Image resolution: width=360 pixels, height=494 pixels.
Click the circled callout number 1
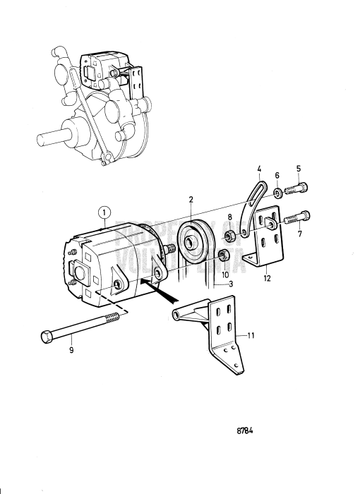pyautogui.click(x=103, y=210)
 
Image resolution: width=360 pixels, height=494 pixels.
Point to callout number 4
pyautogui.click(x=259, y=169)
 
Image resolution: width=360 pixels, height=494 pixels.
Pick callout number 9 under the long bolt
pyautogui.click(x=277, y=175)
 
